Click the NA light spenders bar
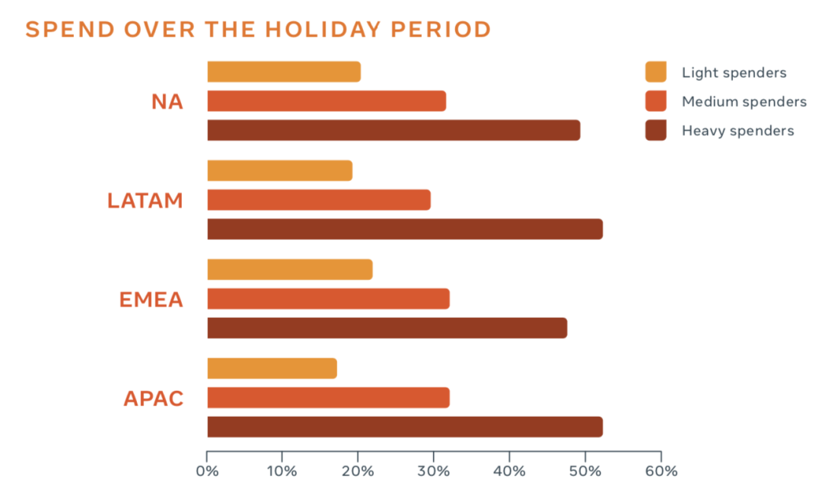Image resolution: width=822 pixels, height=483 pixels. (x=284, y=71)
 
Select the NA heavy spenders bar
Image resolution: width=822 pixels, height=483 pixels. (x=393, y=130)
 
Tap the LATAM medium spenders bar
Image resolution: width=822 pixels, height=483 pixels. (x=319, y=200)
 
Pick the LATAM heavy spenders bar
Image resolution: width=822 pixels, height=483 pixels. (x=405, y=230)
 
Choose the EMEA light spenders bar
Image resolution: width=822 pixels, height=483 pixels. (x=290, y=270)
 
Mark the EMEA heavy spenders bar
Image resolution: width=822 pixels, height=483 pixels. (x=387, y=328)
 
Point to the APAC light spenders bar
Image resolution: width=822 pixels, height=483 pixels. (x=272, y=368)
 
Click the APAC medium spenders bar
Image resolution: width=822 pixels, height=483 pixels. (x=328, y=398)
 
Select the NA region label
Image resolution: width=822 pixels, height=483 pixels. (x=167, y=102)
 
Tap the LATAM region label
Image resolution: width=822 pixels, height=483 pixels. (x=145, y=201)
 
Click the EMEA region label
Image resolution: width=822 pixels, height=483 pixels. (x=151, y=300)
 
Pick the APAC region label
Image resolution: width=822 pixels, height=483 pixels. (x=154, y=399)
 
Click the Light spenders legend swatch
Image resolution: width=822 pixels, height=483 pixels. (x=656, y=71)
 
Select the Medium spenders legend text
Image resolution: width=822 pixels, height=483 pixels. (x=744, y=102)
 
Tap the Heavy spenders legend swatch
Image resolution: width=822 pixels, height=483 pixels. (x=656, y=130)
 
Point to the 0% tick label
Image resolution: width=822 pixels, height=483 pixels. (x=207, y=471)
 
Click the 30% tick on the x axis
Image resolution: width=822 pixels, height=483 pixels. (x=434, y=456)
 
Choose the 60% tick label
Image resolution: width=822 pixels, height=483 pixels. (x=661, y=471)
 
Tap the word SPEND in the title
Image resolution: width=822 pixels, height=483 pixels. (x=70, y=30)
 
